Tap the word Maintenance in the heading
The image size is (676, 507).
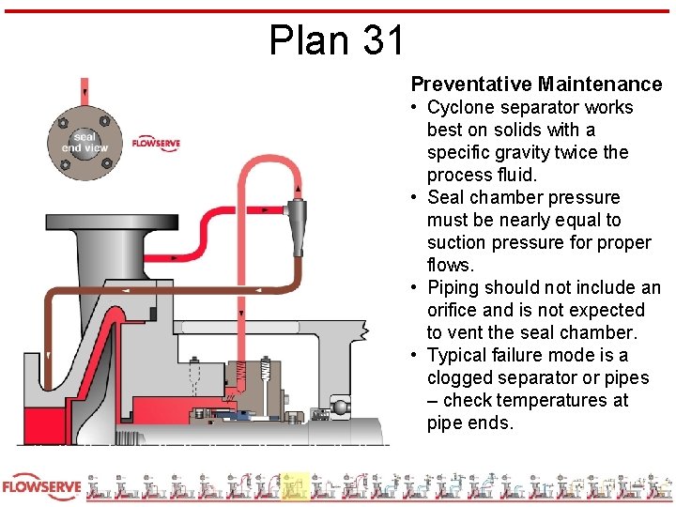click(x=601, y=84)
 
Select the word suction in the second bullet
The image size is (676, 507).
click(x=459, y=242)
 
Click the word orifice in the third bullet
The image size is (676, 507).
click(x=454, y=310)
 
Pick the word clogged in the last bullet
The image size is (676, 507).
click(x=460, y=377)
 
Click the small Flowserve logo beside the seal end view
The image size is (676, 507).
click(x=155, y=143)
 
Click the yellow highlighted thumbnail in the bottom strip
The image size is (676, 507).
click(x=296, y=486)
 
